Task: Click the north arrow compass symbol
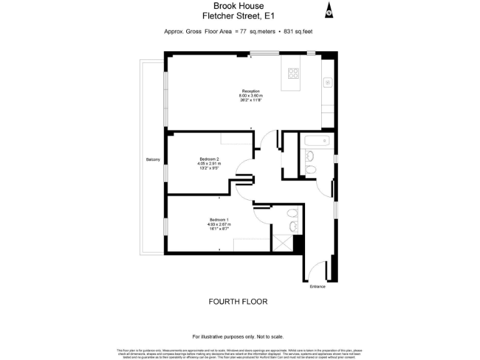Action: [329, 11]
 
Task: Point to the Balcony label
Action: [153, 159]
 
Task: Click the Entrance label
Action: [317, 286]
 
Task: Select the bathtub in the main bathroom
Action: [317, 141]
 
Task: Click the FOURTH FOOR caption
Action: [237, 302]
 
